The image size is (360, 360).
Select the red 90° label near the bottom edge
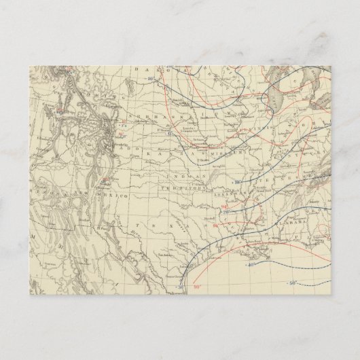(198, 287)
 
